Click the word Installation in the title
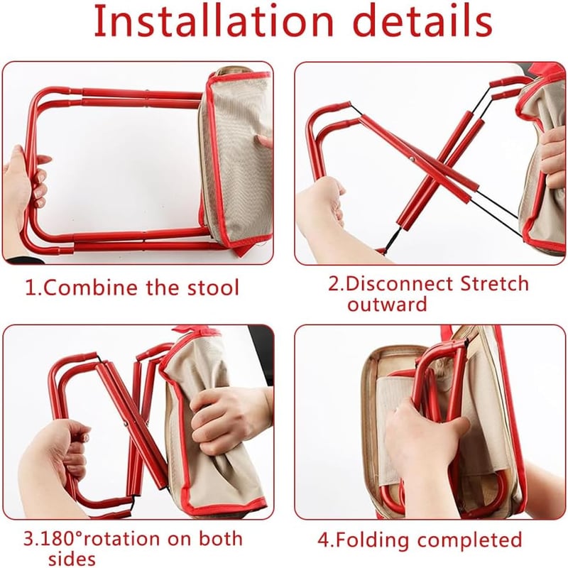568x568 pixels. click(x=214, y=21)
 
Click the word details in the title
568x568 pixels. click(x=422, y=21)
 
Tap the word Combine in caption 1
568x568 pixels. click(x=92, y=288)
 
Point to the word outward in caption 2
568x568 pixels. click(x=387, y=304)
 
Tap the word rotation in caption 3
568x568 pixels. click(x=121, y=539)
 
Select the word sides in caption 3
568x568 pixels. click(x=72, y=558)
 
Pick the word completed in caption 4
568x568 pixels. click(x=469, y=540)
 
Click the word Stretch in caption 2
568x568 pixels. click(x=494, y=283)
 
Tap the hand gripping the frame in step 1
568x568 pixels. click(x=25, y=188)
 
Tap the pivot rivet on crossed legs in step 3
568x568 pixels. click(x=126, y=423)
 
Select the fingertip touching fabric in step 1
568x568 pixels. click(x=263, y=141)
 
